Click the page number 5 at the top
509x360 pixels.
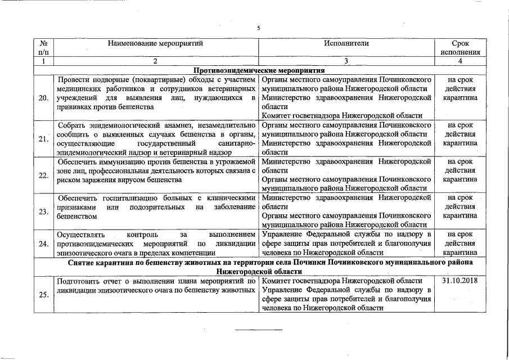(x=258, y=28)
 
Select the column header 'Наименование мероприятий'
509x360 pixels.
(x=155, y=43)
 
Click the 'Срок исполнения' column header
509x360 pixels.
(x=460, y=47)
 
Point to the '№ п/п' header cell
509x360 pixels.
(x=43, y=47)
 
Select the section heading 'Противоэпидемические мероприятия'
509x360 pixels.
(x=259, y=70)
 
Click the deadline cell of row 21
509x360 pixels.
(x=460, y=134)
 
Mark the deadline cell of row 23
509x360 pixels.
(x=460, y=206)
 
